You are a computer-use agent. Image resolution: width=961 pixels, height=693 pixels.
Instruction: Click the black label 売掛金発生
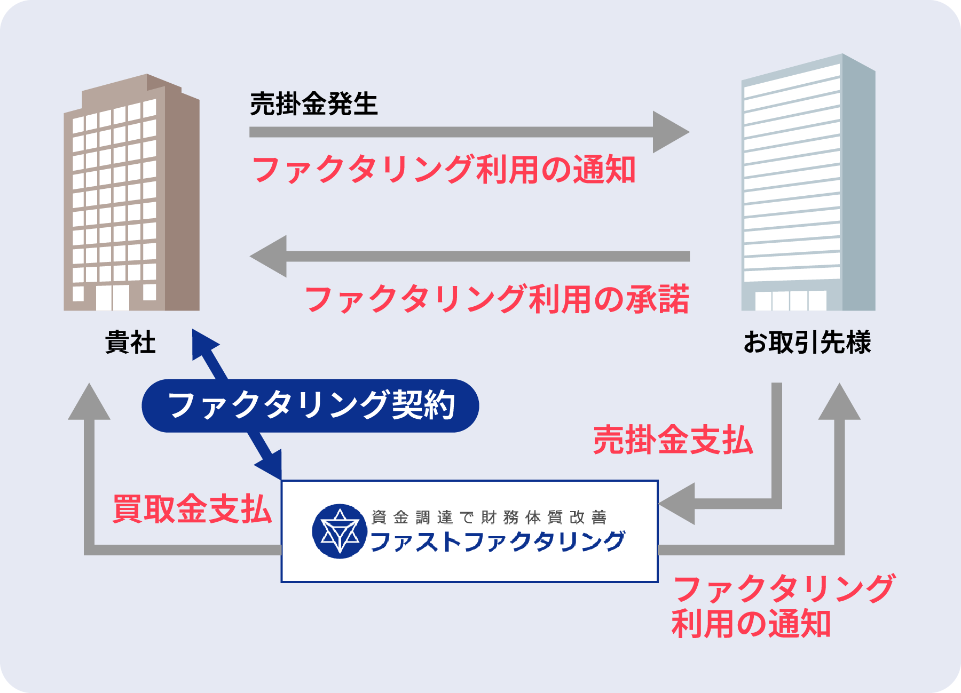313,104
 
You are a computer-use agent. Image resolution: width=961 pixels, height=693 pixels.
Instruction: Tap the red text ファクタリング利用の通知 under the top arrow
443,170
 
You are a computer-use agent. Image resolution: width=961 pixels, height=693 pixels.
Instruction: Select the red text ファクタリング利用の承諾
497,299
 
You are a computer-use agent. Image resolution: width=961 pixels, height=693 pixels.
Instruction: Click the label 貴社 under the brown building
130,342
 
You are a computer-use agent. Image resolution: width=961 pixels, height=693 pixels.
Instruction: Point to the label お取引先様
807,342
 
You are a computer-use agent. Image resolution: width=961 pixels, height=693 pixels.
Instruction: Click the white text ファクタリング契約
311,405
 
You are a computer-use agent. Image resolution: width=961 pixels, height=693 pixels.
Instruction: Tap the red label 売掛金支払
673,440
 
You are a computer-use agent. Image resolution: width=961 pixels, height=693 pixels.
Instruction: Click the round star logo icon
340,531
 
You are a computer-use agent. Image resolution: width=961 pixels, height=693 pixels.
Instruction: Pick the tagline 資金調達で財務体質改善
489,517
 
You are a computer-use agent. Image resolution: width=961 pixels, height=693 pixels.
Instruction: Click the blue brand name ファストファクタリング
497,541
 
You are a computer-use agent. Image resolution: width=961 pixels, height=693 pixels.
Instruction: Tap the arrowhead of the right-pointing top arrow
670,132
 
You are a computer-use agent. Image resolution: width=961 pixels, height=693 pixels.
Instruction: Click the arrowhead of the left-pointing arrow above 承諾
270,256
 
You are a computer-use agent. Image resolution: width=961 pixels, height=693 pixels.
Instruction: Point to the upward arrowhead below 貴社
89,403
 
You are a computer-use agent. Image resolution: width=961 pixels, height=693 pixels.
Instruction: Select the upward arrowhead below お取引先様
839,403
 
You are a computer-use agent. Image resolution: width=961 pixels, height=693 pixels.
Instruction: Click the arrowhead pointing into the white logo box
678,504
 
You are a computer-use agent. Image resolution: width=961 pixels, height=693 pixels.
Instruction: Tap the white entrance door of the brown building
112,297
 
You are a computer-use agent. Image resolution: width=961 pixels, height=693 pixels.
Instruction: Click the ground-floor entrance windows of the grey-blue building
791,300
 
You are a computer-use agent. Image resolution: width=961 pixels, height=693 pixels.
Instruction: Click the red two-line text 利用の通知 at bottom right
751,624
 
